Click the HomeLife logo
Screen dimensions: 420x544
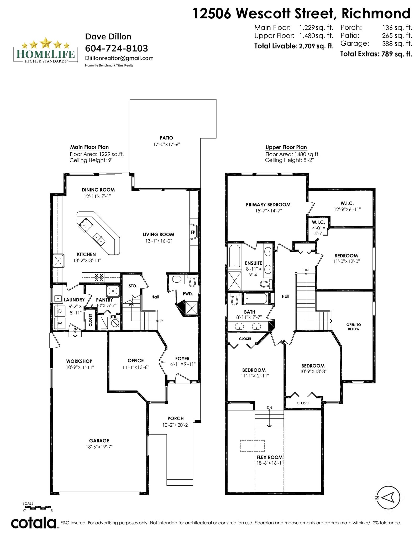46,50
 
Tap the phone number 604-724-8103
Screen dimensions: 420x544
117,48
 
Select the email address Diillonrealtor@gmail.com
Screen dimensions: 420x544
119,58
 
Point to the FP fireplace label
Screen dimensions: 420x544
193,232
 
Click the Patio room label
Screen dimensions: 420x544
166,138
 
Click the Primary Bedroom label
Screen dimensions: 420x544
268,205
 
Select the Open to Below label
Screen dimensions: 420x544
354,327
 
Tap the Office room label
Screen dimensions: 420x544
136,361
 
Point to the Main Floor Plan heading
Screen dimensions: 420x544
89,147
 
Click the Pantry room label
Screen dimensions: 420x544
104,300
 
